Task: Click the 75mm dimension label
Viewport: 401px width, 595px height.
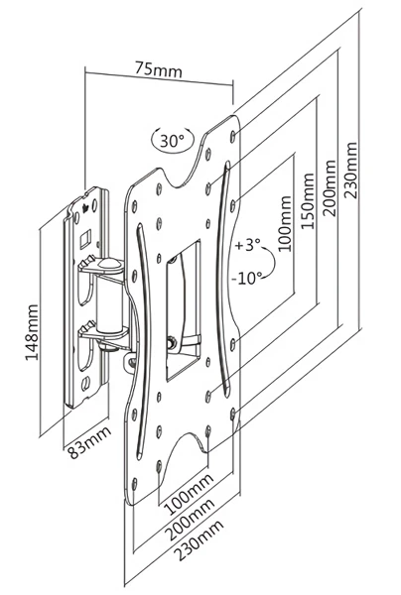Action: pos(159,70)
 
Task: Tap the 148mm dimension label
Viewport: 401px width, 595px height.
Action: pos(32,332)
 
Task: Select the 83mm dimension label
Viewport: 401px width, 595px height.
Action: pos(89,442)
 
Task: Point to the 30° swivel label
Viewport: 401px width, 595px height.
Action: pos(172,141)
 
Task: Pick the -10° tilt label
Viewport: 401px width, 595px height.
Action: pos(247,279)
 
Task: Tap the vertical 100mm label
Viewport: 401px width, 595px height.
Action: pos(285,224)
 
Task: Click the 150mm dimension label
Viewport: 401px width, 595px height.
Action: pos(308,201)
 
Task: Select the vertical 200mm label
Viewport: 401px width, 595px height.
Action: pos(330,188)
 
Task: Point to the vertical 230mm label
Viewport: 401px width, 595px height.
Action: pos(350,171)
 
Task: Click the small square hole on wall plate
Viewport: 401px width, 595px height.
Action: pos(84,239)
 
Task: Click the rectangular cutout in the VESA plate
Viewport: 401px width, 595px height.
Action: pos(183,310)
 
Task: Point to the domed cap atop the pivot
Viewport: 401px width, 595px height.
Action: pos(108,264)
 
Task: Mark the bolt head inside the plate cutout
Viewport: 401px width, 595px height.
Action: pos(171,341)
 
